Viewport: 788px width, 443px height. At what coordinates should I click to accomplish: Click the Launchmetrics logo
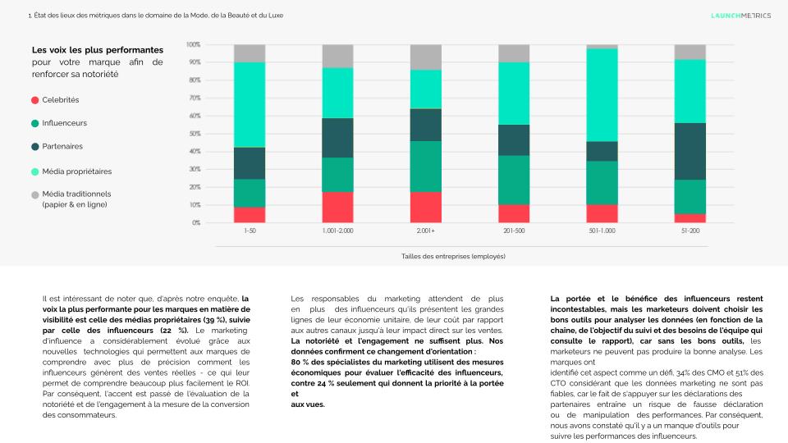[x=740, y=15]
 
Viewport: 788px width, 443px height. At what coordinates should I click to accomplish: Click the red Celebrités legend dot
[x=35, y=100]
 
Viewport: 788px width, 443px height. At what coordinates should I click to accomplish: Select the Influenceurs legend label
[x=65, y=123]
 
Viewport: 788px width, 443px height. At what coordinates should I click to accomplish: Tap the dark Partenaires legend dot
[x=35, y=146]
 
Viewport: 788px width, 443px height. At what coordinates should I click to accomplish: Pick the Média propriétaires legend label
[x=77, y=171]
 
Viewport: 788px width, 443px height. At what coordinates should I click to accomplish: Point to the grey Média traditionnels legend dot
[x=35, y=194]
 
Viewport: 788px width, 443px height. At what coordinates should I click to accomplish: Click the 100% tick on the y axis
[x=194, y=44]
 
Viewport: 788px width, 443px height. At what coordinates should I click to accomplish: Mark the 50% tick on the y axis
[x=195, y=134]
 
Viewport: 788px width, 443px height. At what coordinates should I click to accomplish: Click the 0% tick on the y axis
[x=195, y=223]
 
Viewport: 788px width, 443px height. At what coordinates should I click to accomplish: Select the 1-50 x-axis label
[x=250, y=231]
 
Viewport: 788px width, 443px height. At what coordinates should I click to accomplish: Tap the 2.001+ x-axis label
[x=426, y=231]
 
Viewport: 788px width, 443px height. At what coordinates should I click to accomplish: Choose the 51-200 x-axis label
[x=690, y=231]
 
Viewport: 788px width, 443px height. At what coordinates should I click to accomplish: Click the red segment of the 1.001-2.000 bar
[x=337, y=207]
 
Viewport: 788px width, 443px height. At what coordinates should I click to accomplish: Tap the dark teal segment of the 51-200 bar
[x=690, y=151]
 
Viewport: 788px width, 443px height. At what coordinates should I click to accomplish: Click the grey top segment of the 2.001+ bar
[x=426, y=57]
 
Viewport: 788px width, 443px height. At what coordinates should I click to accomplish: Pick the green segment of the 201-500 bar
[x=514, y=180]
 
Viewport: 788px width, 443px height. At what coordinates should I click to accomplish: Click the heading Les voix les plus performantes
[x=98, y=50]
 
